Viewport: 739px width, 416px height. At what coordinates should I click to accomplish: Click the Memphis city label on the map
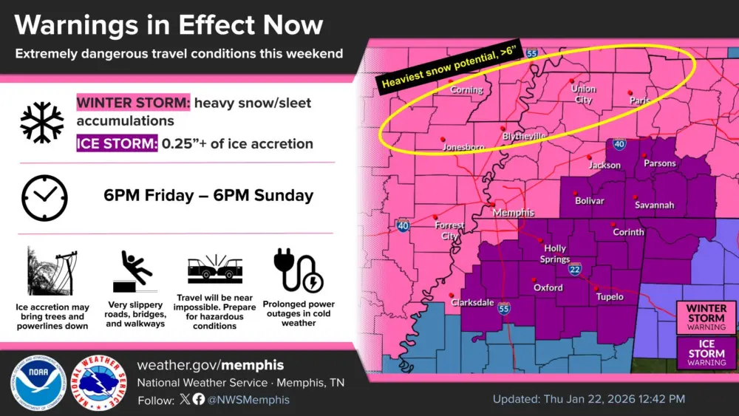tap(513, 213)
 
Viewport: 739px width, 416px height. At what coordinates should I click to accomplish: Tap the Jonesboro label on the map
tap(463, 148)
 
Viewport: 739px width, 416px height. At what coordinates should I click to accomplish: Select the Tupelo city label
tap(610, 297)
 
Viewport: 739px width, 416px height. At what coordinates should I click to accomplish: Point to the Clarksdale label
tap(472, 302)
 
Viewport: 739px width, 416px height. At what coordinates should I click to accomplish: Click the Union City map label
tap(583, 95)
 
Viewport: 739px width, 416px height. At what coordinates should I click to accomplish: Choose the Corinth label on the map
tap(628, 232)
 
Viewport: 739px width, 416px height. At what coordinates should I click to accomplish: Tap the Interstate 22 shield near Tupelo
tap(575, 271)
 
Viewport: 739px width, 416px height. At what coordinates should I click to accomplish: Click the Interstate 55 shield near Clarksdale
tap(504, 309)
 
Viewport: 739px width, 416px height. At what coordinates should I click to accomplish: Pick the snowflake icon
tap(42, 122)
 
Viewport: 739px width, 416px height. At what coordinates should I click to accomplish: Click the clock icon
tap(44, 197)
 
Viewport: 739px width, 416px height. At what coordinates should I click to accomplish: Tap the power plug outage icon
tap(297, 270)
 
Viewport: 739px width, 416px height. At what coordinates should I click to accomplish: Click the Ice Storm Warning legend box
tap(706, 352)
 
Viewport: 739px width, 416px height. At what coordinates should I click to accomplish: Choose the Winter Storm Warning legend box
tap(706, 316)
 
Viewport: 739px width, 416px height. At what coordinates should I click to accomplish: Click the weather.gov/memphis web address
tap(211, 366)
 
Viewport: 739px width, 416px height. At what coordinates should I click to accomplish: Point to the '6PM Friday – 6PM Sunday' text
tap(208, 196)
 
